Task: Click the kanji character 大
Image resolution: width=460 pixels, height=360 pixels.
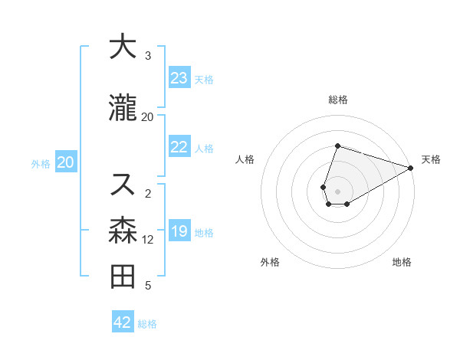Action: pyautogui.click(x=123, y=47)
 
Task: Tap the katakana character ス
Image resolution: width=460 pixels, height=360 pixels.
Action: pyautogui.click(x=123, y=184)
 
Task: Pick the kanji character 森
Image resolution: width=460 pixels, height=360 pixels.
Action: pyautogui.click(x=123, y=231)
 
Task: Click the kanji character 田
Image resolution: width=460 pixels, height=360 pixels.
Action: pyautogui.click(x=123, y=277)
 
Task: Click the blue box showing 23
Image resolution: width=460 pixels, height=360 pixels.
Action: pyautogui.click(x=179, y=78)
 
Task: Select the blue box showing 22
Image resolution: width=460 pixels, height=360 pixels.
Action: pyautogui.click(x=179, y=147)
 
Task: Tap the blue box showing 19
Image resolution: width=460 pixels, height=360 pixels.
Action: pyautogui.click(x=179, y=231)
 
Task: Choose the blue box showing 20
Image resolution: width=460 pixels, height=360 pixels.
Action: pyautogui.click(x=66, y=162)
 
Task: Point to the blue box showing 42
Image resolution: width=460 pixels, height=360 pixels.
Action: pyautogui.click(x=123, y=322)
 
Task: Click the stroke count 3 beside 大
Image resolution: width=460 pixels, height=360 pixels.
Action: pyautogui.click(x=148, y=56)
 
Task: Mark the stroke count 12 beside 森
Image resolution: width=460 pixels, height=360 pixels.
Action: pyautogui.click(x=148, y=240)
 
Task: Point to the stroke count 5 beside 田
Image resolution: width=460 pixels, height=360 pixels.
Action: pyautogui.click(x=148, y=286)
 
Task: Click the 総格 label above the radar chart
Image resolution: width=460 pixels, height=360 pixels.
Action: pyautogui.click(x=338, y=100)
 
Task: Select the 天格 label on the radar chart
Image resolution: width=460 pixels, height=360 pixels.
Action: pyautogui.click(x=431, y=159)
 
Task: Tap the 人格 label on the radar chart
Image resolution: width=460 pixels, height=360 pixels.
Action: pyautogui.click(x=245, y=159)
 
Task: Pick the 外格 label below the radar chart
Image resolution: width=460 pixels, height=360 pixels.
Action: pyautogui.click(x=270, y=262)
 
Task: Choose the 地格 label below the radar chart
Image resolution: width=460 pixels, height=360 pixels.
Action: pyautogui.click(x=402, y=262)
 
